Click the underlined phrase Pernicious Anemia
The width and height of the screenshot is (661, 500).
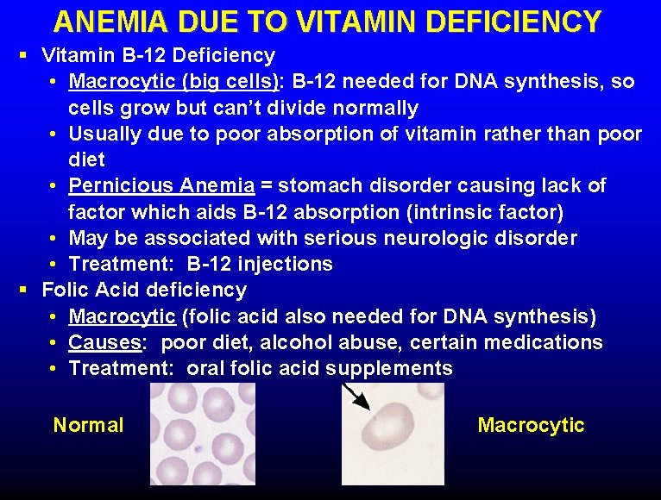(161, 185)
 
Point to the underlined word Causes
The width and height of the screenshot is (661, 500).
(105, 342)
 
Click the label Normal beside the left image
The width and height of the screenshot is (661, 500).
(88, 425)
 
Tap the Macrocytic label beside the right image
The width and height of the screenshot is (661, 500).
(531, 425)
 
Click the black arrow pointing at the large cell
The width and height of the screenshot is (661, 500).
(356, 397)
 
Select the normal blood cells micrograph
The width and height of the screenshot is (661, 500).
(203, 434)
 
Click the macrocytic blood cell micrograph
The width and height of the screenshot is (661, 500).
(393, 434)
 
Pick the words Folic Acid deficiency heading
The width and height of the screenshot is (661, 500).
(144, 290)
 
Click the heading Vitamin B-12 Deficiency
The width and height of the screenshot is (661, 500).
(159, 56)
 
